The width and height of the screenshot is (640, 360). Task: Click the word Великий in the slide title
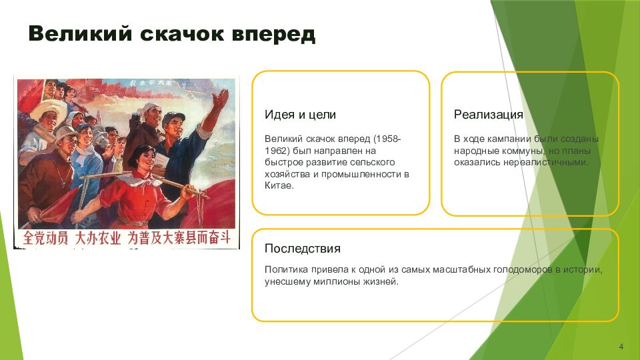[81, 33]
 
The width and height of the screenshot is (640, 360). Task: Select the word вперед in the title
[273, 34]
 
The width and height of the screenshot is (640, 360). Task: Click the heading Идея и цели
[300, 115]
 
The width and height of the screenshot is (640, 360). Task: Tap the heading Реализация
[488, 115]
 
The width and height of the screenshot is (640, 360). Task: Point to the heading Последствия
[303, 249]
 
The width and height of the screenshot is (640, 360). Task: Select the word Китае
[279, 186]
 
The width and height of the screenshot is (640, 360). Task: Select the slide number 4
[621, 347]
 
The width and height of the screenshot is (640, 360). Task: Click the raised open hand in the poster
[221, 99]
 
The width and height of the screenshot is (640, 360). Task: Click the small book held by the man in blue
[162, 160]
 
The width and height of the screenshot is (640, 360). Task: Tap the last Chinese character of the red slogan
[225, 237]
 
